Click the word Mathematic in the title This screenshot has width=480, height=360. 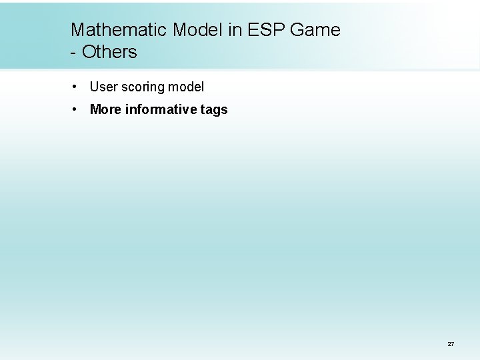point(119,30)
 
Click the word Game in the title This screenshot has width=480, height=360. point(317,30)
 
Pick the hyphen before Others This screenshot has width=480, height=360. point(73,53)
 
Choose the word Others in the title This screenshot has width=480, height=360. point(109,52)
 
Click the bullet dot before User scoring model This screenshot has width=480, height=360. point(78,87)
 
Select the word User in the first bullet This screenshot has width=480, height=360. point(103,87)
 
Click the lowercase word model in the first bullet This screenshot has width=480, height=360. point(186,87)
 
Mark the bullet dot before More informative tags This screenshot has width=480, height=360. point(78,109)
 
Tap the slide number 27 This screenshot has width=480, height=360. point(451,344)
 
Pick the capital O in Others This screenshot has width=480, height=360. point(88,52)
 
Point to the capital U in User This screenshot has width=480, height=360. point(94,87)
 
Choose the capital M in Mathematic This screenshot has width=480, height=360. point(78,30)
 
